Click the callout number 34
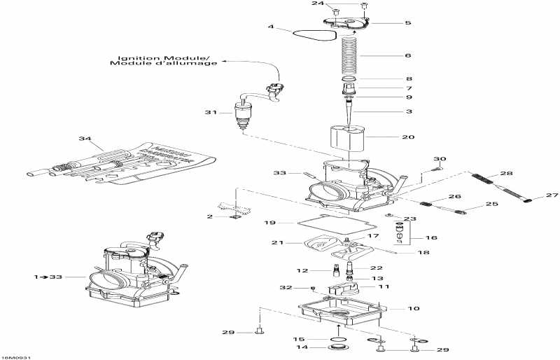(85, 140)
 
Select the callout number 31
(209, 112)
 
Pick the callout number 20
(408, 137)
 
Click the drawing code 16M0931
(16, 356)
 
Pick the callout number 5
(408, 23)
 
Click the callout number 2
(209, 216)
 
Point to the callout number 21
(277, 242)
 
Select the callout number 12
(301, 270)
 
